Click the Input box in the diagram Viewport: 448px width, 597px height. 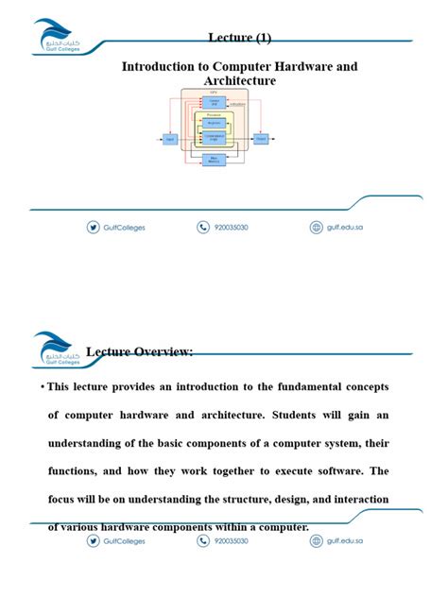[x=170, y=139]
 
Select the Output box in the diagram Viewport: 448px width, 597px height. [x=260, y=139]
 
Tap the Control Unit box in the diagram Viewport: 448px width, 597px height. [x=215, y=102]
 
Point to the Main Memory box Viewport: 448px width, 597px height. [x=215, y=160]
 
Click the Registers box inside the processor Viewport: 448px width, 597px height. [x=215, y=123]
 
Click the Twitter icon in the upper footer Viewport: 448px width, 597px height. [x=93, y=227]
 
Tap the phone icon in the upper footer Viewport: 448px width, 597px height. [x=203, y=227]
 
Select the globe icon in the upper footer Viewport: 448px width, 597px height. [x=317, y=227]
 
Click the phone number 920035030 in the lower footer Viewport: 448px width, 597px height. [x=231, y=541]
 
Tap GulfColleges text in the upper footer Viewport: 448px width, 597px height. [x=125, y=228]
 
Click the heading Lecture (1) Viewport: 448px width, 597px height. [x=239, y=37]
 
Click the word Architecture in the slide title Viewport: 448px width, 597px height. [x=240, y=81]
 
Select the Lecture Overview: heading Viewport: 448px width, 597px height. [x=140, y=352]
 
